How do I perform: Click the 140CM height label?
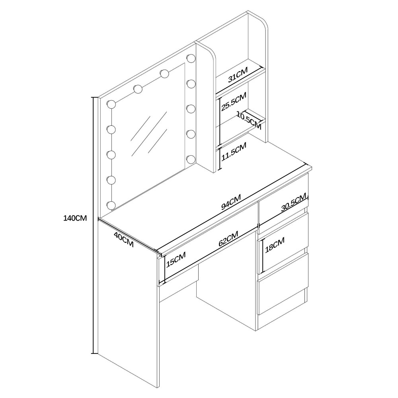(x=75, y=218)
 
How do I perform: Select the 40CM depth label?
(x=124, y=240)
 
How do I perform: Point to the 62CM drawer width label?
(x=228, y=238)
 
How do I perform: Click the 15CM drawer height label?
(x=176, y=259)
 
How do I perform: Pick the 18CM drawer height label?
(x=275, y=245)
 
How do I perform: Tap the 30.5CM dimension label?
(x=294, y=203)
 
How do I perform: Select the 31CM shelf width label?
(x=238, y=75)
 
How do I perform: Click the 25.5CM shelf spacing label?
(x=234, y=101)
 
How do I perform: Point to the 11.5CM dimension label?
(x=234, y=152)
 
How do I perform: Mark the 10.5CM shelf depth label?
(x=249, y=120)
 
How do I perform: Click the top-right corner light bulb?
(x=190, y=58)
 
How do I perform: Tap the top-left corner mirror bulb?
(x=111, y=104)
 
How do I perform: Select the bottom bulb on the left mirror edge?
(x=111, y=205)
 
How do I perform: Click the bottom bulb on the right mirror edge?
(x=190, y=160)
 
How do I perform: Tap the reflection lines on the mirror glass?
(x=149, y=134)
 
